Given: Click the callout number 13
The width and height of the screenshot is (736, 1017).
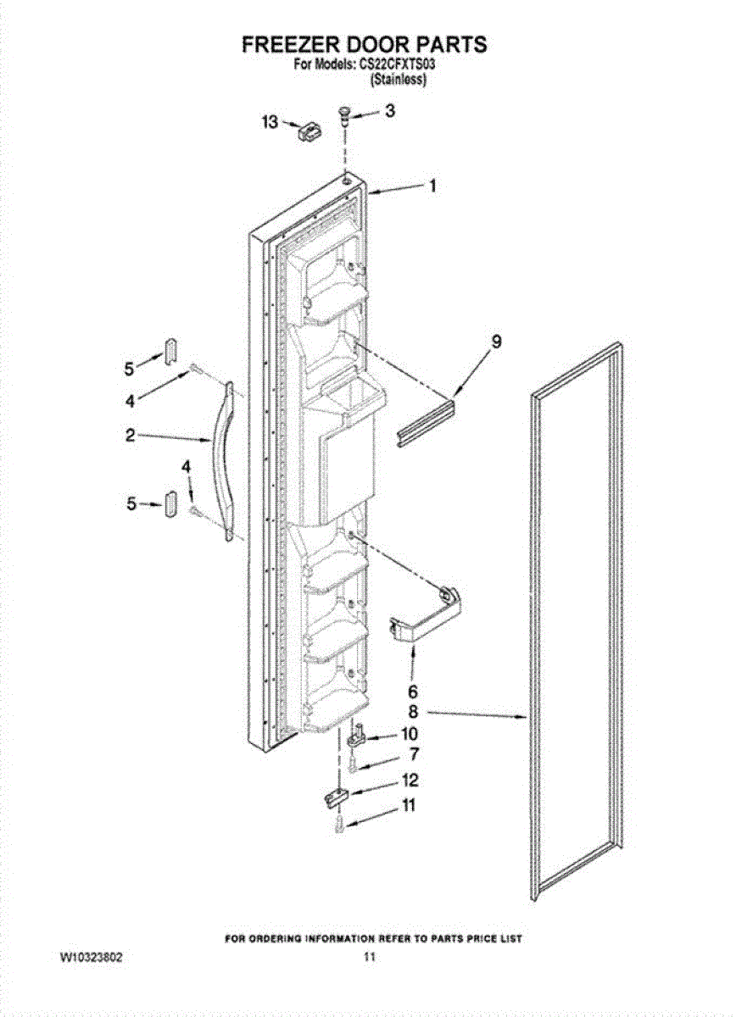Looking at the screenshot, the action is pos(270,122).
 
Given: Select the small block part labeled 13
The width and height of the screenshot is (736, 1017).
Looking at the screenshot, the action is pos(309,133).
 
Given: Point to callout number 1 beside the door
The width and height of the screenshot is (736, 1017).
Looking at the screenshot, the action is pos(433,186).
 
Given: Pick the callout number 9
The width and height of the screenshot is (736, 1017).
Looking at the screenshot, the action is pos(497,342).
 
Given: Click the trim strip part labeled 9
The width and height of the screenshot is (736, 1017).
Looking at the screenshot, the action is pos(426,422).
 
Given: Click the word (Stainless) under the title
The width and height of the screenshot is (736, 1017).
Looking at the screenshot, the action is pos(399,80).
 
